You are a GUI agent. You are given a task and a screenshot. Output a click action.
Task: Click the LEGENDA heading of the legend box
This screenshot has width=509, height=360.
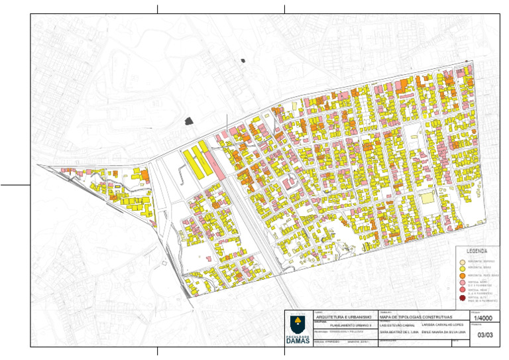(477, 251)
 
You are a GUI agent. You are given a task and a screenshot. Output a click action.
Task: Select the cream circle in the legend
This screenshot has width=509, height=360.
(463, 262)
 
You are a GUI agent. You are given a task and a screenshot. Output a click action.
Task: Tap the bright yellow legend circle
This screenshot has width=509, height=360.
(463, 269)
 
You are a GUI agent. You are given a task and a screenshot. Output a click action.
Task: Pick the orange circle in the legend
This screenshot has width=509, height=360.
(463, 275)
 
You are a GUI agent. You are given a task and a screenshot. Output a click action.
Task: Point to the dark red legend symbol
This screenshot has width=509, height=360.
(463, 299)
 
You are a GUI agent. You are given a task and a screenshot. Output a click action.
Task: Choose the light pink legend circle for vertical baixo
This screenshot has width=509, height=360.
(463, 283)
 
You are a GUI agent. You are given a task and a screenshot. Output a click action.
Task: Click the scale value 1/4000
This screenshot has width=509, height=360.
(484, 319)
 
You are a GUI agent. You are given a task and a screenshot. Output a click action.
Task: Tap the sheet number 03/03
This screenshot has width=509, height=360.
(484, 335)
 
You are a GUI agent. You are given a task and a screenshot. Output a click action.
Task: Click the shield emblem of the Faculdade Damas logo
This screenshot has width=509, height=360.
(298, 324)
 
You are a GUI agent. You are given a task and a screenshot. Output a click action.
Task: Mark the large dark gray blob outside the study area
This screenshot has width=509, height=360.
(190, 121)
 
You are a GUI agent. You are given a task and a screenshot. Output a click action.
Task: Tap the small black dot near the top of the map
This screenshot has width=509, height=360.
(243, 61)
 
